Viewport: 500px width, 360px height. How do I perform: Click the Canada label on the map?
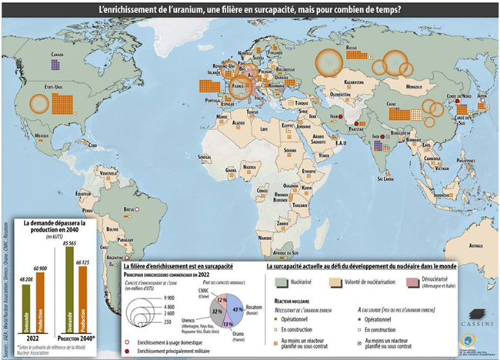[57, 55]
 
